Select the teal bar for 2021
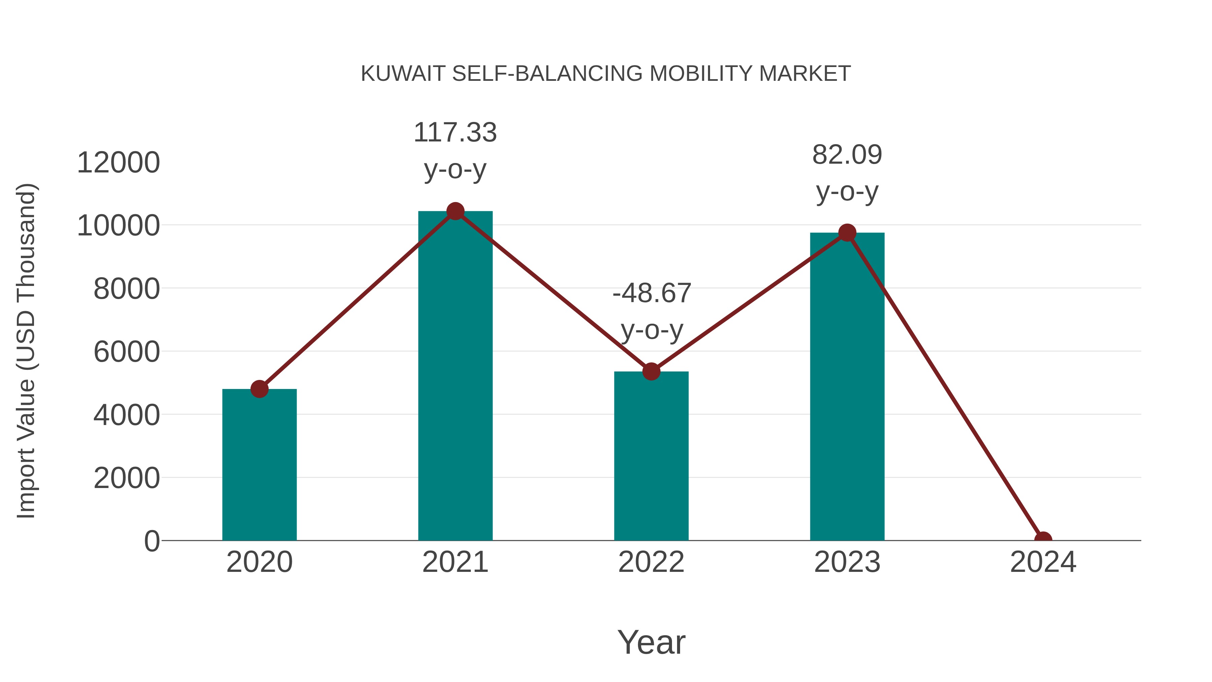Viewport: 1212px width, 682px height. tap(455, 377)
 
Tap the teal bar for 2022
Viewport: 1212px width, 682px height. tap(651, 457)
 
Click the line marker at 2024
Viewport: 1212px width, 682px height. tap(1043, 540)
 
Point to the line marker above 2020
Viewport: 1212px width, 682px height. tap(259, 389)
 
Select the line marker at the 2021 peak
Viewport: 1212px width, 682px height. tap(455, 211)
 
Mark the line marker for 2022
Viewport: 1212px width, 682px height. tap(651, 372)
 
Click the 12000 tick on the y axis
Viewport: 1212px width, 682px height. tap(118, 163)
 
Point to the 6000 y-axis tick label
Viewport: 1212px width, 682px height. tap(127, 352)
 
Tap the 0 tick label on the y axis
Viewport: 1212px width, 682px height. tap(152, 541)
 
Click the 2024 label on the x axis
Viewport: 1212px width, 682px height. tap(1043, 562)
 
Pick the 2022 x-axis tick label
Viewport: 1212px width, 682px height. tap(651, 562)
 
